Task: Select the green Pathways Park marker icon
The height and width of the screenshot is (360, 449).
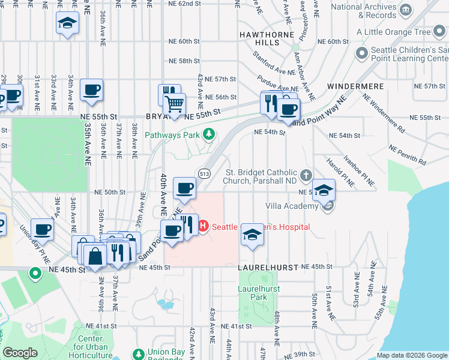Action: point(208,134)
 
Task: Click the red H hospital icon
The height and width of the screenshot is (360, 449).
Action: point(203,226)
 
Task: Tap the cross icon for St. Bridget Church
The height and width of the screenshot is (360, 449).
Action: point(306,175)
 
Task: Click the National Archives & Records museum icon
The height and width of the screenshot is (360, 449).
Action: point(406,10)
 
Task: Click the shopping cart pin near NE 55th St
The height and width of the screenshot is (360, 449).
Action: point(174,104)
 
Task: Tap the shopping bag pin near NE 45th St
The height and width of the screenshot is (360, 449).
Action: point(96,256)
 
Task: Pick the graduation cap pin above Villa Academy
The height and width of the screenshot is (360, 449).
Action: point(324,191)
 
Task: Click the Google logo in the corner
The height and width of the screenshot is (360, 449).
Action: point(20,353)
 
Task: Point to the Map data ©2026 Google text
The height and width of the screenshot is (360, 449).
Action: point(411,355)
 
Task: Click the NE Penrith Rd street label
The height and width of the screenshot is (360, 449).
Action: point(408,155)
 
